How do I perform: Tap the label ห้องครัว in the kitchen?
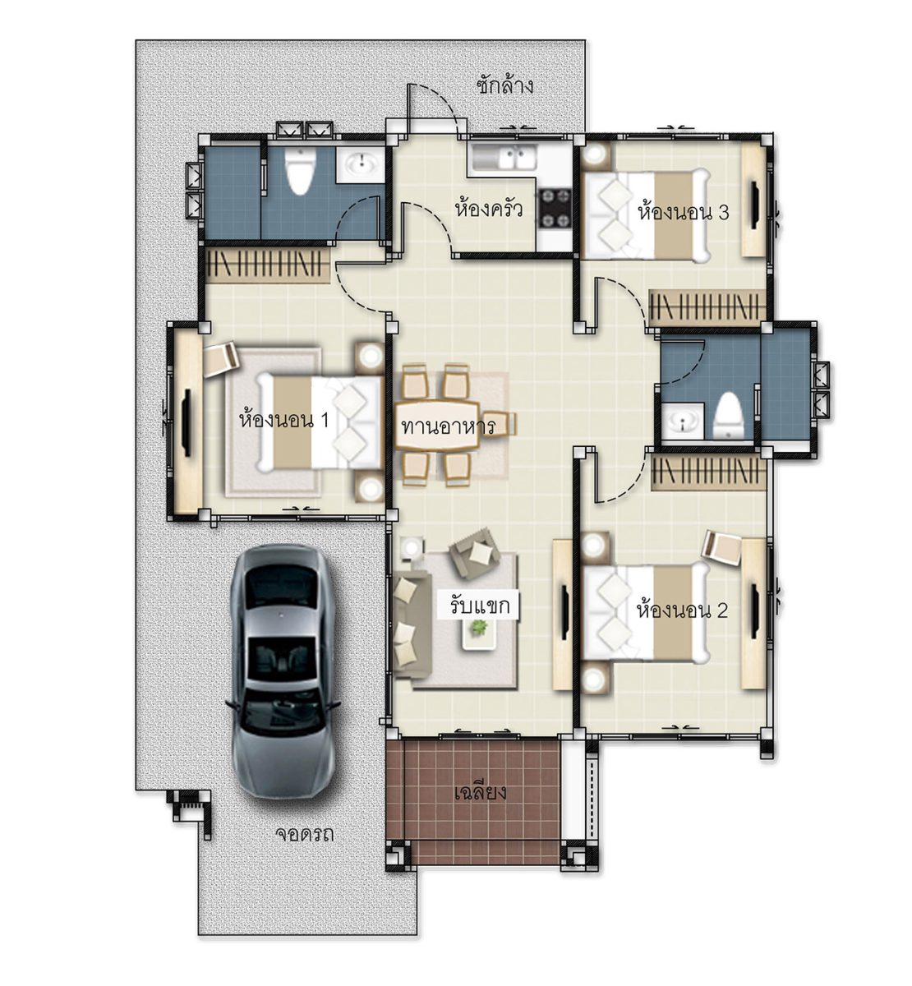(489, 209)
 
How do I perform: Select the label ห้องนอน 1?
(283, 421)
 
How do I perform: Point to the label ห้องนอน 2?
(682, 610)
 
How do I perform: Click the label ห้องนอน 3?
(683, 212)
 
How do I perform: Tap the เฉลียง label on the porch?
(480, 792)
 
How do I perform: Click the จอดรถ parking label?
(304, 834)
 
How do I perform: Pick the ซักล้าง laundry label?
(504, 85)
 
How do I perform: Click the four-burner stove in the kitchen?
(555, 209)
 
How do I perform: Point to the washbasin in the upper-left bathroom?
(362, 163)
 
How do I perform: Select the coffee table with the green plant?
(480, 633)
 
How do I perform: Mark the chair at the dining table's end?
(500, 424)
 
